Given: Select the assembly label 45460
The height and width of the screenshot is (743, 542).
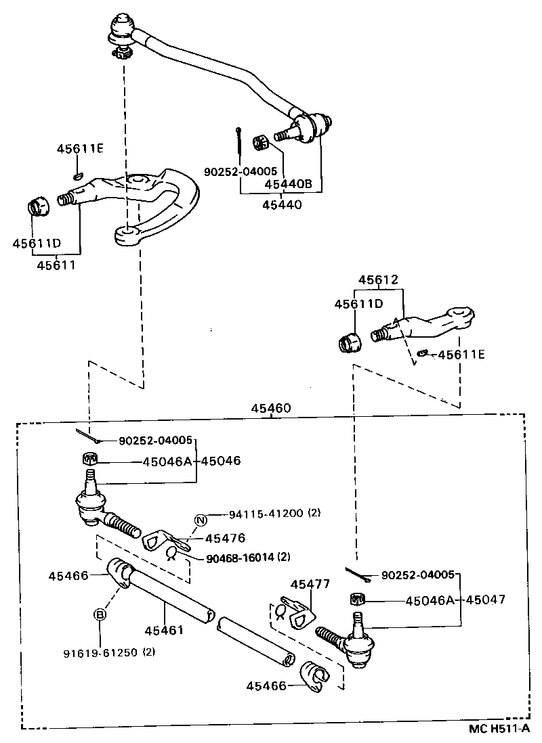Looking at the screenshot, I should coord(271,408).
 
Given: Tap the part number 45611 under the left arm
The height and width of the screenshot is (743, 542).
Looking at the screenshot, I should coord(57,265).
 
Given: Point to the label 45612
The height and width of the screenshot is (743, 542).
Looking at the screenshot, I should coord(378,279).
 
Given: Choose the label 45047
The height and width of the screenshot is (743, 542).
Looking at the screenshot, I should coord(485,600).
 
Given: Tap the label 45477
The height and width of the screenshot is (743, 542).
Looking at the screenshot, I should coord(310,584).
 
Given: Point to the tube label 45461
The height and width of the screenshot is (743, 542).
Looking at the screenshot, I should coord(164,630).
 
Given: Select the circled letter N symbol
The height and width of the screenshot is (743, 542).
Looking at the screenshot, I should coord(201,520).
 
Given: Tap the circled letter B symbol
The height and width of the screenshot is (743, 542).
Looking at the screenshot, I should coord(100,614).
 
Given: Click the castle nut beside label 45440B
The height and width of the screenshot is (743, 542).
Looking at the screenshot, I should coord(262,143).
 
